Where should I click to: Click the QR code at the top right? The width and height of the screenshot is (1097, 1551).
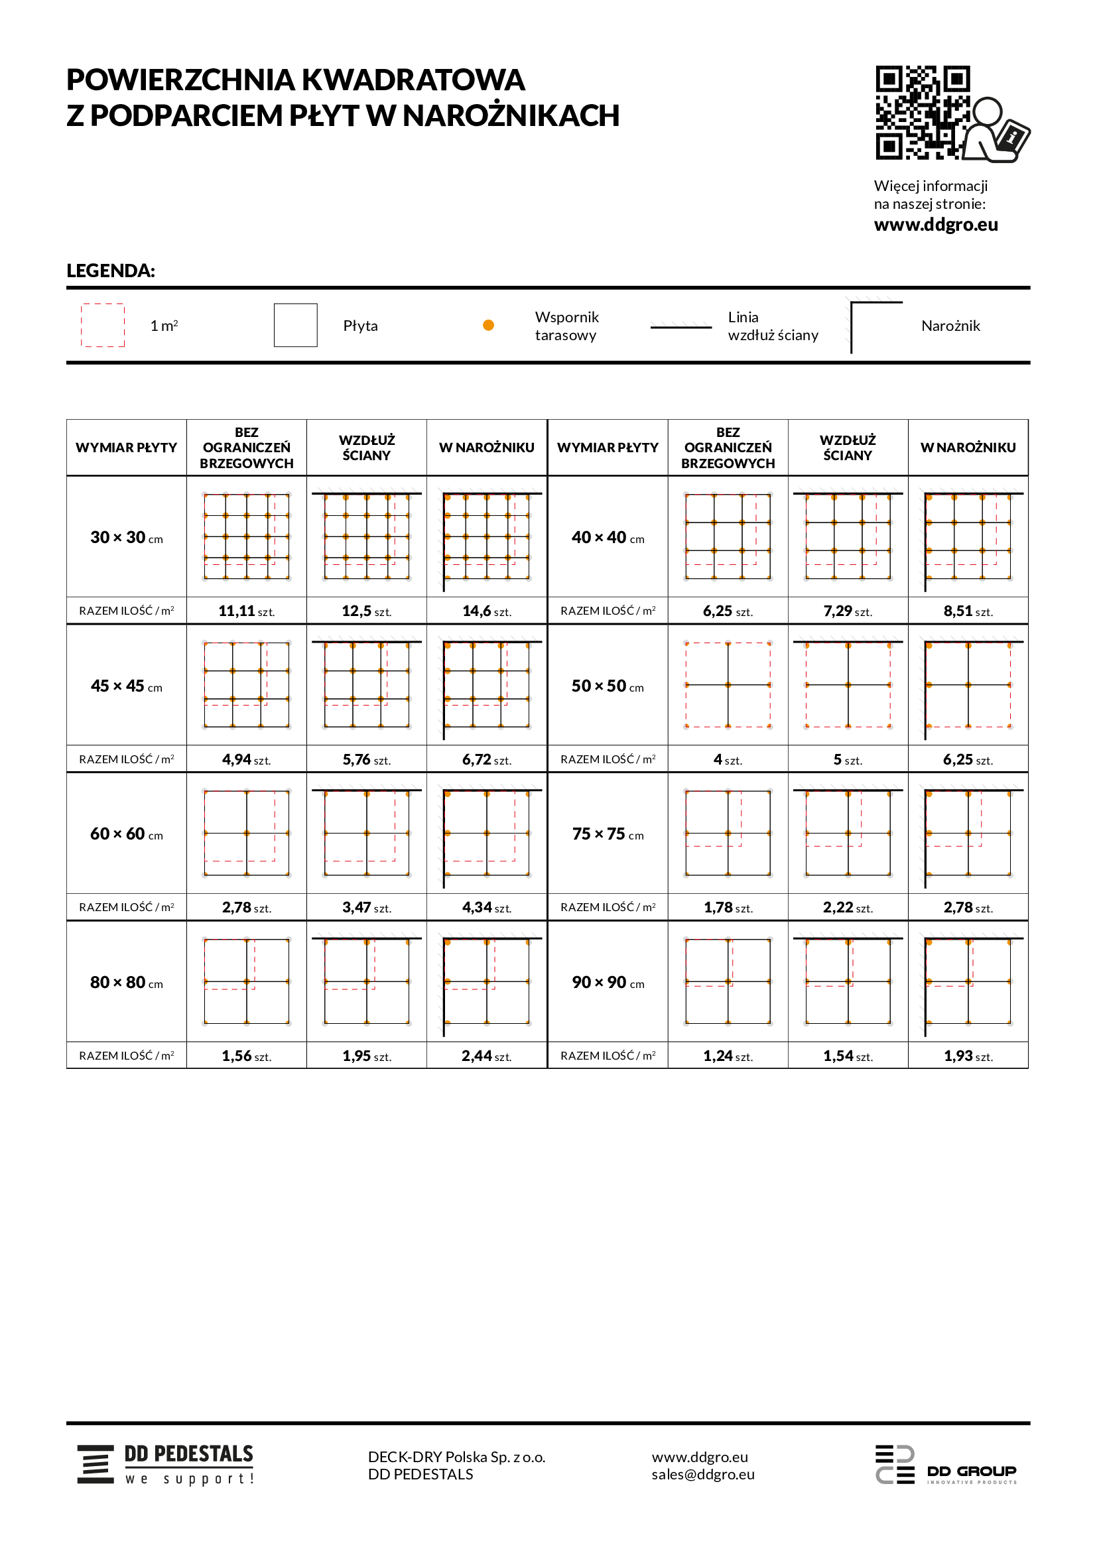tap(923, 112)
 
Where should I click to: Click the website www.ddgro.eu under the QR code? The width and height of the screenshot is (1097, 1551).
tap(936, 224)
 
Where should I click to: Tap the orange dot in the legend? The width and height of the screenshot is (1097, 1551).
tap(488, 325)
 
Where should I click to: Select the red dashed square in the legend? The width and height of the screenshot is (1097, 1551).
tap(103, 325)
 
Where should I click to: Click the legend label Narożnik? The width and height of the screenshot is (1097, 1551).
tap(950, 326)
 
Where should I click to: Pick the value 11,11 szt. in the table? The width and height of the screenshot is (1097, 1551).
tap(246, 611)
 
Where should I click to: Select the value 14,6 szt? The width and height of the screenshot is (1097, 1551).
tap(486, 611)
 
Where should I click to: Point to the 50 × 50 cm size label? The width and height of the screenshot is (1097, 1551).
tap(608, 686)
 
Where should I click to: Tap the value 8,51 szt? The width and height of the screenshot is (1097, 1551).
tap(967, 611)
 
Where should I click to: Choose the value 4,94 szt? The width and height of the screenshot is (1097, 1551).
tap(246, 759)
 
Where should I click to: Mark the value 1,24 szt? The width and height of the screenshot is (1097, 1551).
tap(728, 1056)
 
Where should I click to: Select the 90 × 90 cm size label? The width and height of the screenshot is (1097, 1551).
tap(608, 982)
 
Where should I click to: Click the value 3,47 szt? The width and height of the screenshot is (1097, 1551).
tap(366, 907)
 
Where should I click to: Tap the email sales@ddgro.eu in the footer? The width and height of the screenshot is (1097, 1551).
tap(702, 1474)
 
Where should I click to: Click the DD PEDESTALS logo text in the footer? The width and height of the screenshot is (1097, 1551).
tap(188, 1454)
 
